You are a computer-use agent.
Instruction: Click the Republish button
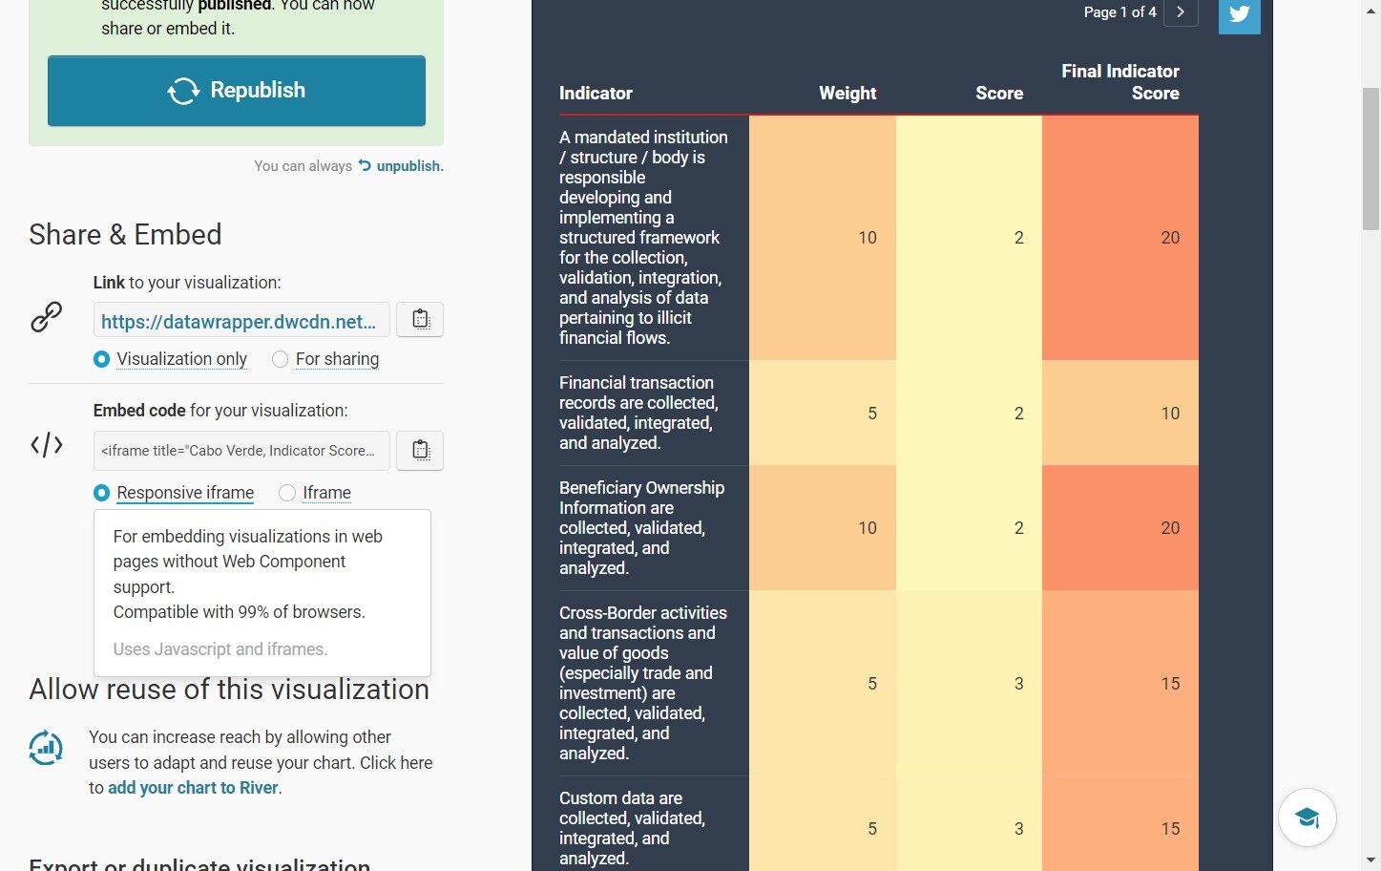pyautogui.click(x=236, y=91)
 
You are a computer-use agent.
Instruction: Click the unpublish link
pyautogui.click(x=402, y=166)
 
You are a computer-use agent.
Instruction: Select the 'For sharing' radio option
pyautogui.click(x=280, y=359)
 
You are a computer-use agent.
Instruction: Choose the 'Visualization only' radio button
pyautogui.click(x=102, y=359)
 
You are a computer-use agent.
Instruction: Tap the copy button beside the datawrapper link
pyautogui.click(x=420, y=320)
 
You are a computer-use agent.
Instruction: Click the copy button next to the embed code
pyautogui.click(x=420, y=451)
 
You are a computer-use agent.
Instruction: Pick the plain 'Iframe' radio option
pyautogui.click(x=286, y=493)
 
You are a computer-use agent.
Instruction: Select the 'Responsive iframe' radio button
pyautogui.click(x=102, y=493)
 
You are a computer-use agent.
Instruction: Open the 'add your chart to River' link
pyautogui.click(x=193, y=788)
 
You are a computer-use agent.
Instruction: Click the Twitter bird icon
pyautogui.click(x=1239, y=13)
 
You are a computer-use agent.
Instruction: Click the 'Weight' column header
pyautogui.click(x=847, y=94)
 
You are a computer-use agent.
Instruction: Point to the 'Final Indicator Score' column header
pyautogui.click(x=1120, y=82)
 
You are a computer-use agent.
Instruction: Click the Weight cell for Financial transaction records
pyautogui.click(x=823, y=413)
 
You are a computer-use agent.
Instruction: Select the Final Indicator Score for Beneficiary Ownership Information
pyautogui.click(x=1120, y=528)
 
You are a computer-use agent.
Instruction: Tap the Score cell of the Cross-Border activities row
pyautogui.click(x=969, y=684)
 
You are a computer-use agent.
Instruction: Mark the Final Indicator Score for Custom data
pyautogui.click(x=1120, y=828)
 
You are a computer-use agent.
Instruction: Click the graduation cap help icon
pyautogui.click(x=1307, y=818)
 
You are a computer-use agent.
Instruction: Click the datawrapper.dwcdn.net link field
pyautogui.click(x=241, y=320)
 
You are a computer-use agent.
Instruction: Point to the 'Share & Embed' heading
pyautogui.click(x=125, y=234)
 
